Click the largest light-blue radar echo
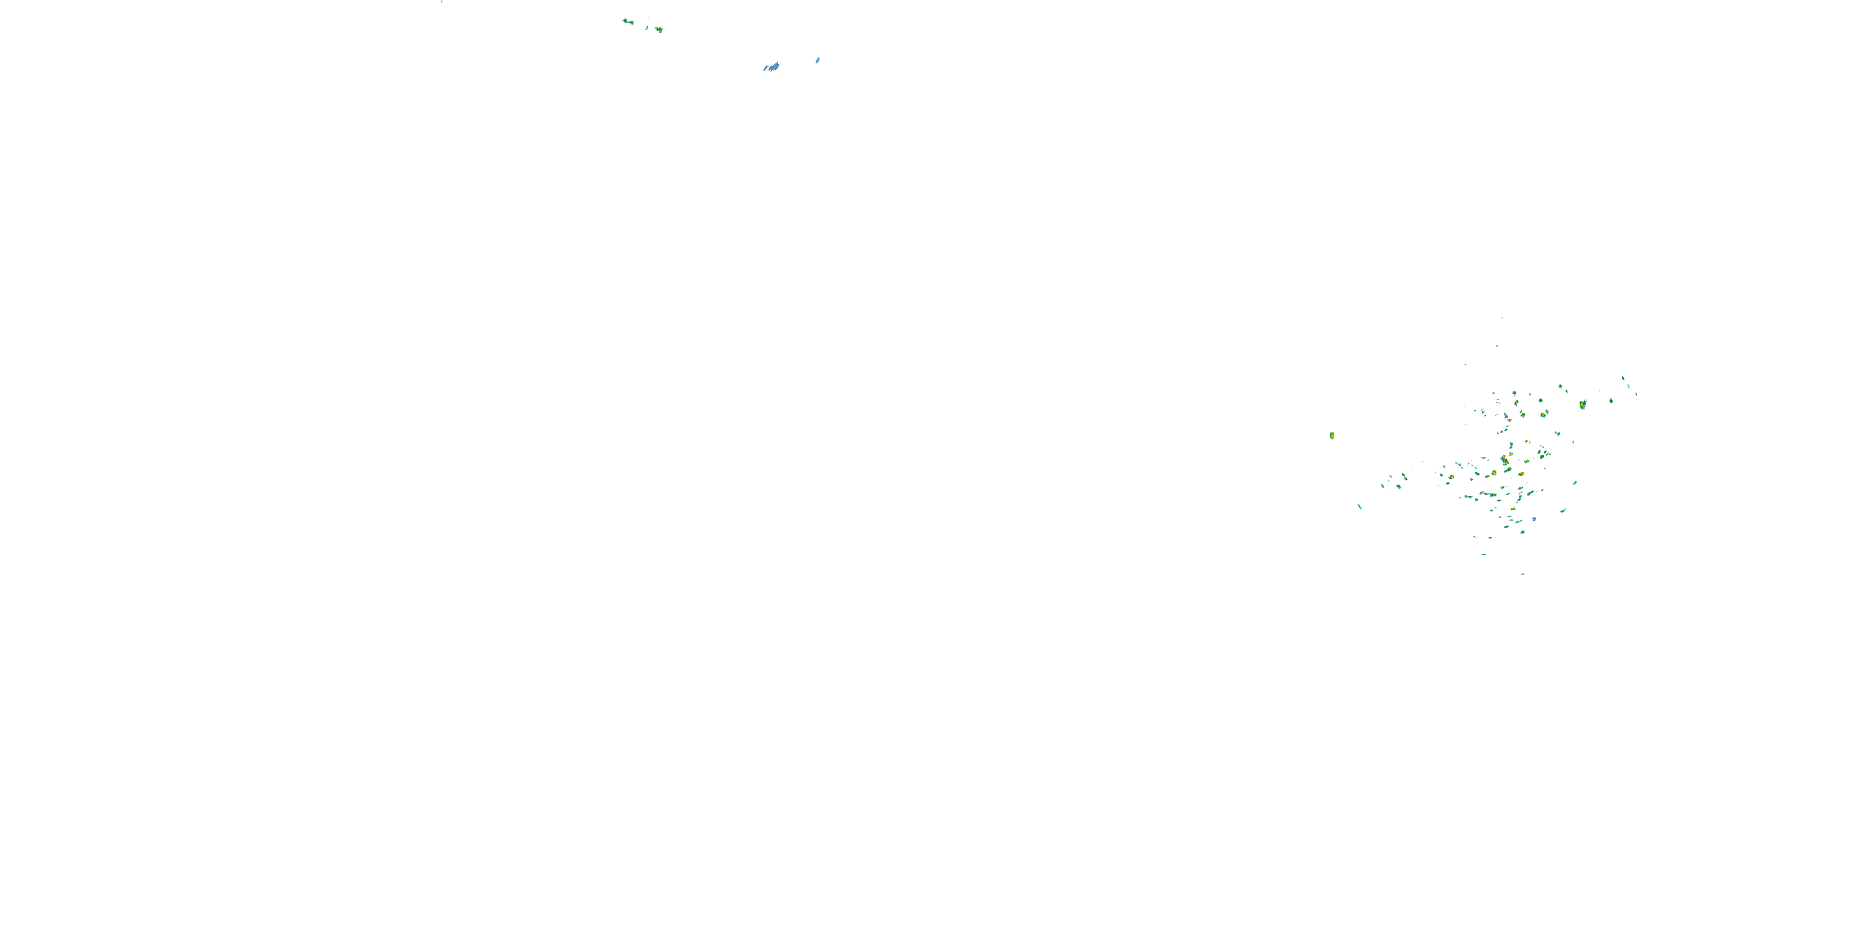pos(774,66)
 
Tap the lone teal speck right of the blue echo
pos(818,60)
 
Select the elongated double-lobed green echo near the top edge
pos(628,22)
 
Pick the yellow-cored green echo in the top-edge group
pos(658,29)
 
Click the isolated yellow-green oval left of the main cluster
pos(1332,436)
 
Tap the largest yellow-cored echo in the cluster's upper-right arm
pos(1583,404)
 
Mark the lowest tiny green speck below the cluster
pos(1523,574)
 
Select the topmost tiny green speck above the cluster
pos(1501,318)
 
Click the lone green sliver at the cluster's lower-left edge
pos(1359,506)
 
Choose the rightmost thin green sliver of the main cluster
pos(1636,394)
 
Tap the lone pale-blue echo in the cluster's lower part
pos(1534,519)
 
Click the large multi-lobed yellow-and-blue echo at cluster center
pos(1504,460)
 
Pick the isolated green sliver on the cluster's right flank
pos(1575,483)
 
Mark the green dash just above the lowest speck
pos(1483,554)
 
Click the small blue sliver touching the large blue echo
pos(765,70)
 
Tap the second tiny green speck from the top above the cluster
pos(1497,345)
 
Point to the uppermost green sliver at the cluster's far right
pos(1623,378)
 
